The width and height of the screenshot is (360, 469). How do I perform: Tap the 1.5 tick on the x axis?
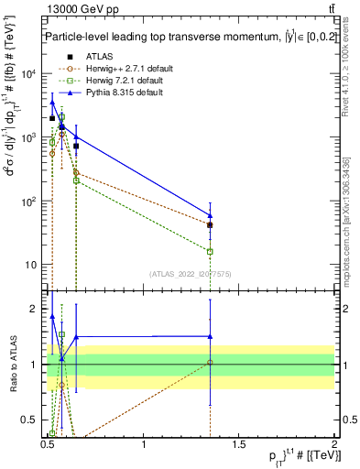tap(239, 443)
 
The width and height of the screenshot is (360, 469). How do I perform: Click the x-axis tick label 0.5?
tap(48, 443)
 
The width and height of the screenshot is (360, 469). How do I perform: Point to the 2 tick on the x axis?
tap(334, 443)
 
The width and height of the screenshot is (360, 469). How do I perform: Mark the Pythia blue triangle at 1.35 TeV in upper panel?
tap(211, 216)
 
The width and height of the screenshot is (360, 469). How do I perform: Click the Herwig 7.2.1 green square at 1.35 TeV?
tap(211, 251)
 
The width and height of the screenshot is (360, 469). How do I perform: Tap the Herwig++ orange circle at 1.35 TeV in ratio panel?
tap(211, 363)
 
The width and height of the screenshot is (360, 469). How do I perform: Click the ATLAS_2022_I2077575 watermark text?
tap(191, 273)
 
